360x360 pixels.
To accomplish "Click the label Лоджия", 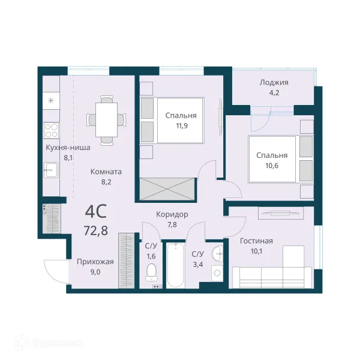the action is [x=274, y=82].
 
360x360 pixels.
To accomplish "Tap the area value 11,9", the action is [x=181, y=126].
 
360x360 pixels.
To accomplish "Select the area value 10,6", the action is [x=272, y=166].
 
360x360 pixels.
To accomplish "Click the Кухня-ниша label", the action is [x=68, y=148].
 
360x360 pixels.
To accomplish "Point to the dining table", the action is [x=107, y=119].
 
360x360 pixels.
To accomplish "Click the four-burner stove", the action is [x=51, y=130].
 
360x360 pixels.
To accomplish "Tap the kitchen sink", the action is [x=51, y=170].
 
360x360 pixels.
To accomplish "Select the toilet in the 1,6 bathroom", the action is [x=151, y=272].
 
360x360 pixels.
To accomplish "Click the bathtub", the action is [x=175, y=265].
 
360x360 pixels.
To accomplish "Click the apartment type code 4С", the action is [x=96, y=212].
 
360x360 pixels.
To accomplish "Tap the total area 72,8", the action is [x=96, y=230].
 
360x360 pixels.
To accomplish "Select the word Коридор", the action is [x=172, y=214].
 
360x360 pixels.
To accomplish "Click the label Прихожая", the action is [x=95, y=262].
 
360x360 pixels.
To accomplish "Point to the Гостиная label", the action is [x=256, y=241].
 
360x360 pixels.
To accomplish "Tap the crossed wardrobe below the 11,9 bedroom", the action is [x=167, y=189].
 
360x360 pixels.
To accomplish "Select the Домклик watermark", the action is [x=48, y=343].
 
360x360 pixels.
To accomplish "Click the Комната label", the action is [x=106, y=172].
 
